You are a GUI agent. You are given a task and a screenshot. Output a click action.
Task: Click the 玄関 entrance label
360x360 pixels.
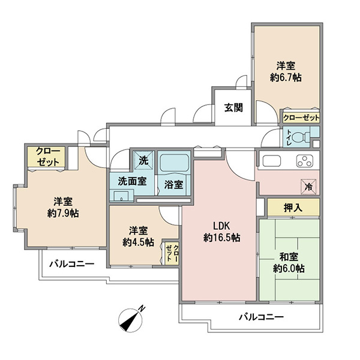233,107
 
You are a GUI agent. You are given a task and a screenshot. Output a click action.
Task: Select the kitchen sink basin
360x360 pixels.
272,160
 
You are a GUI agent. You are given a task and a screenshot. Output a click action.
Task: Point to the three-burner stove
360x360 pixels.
305,161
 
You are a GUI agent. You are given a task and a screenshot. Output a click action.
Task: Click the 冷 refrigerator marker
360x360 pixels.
309,186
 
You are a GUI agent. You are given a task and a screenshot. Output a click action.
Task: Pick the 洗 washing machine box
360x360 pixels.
144,160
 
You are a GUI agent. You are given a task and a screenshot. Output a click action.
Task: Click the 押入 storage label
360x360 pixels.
293,208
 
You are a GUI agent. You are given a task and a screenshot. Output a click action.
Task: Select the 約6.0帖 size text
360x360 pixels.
289,268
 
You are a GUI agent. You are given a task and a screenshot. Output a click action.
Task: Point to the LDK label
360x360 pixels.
221,226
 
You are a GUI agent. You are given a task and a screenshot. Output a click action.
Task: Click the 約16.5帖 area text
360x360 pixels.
222,238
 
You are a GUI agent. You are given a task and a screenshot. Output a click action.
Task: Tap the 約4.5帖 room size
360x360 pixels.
138,242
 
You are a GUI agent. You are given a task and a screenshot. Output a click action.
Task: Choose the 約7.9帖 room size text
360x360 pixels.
63,213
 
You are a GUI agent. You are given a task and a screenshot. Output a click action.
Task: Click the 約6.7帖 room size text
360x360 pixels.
286,77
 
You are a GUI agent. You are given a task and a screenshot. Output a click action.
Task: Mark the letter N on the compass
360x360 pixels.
142,308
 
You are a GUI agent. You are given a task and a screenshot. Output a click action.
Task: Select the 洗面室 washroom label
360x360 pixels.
132,181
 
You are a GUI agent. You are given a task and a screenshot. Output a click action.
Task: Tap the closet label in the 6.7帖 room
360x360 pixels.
301,118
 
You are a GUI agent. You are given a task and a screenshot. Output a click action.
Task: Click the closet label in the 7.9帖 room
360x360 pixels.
48,157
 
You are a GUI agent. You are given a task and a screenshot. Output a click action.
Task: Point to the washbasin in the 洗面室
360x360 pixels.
122,196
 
